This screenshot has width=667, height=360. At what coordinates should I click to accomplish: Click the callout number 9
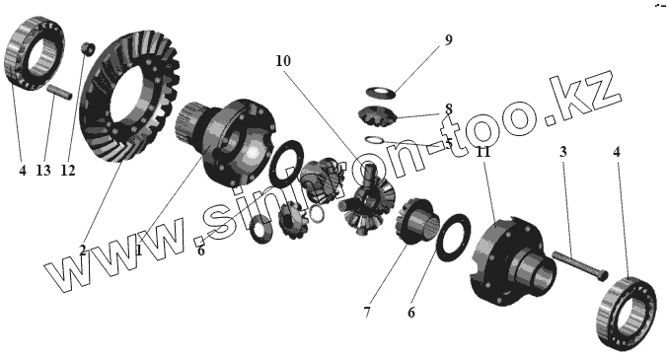pos(448,40)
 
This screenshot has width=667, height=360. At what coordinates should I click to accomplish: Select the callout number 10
pos(283,61)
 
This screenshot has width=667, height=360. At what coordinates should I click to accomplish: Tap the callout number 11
pos(483,152)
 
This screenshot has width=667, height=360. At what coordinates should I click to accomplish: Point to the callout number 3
pos(562,152)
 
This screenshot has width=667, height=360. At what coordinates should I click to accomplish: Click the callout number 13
pos(43,171)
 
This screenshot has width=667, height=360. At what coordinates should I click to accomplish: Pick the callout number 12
pos(68,171)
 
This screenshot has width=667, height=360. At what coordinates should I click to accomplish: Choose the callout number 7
pos(367,313)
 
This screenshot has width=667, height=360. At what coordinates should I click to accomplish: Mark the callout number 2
pos(83,251)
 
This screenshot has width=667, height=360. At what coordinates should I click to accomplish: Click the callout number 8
pos(448,109)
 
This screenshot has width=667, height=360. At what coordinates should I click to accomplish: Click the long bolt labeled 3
pos(580,265)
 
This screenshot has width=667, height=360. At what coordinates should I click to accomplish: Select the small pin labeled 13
pos(59,92)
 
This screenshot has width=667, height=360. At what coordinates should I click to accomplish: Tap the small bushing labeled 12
pos(88,47)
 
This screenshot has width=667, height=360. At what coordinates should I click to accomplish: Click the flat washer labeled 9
pos(381,92)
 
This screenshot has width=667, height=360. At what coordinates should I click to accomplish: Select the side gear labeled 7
pos(414,221)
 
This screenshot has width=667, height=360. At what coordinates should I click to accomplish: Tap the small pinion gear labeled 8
pos(377,115)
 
